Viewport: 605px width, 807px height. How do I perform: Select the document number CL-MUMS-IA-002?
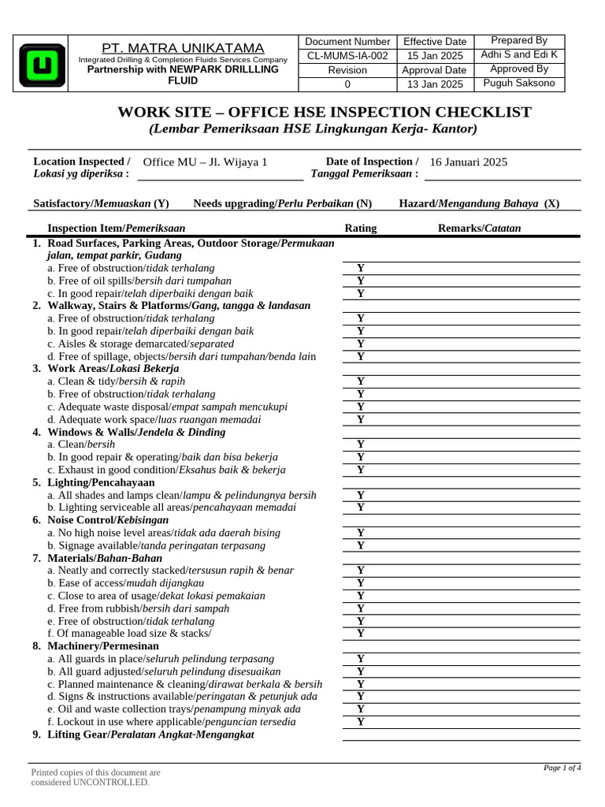(x=347, y=55)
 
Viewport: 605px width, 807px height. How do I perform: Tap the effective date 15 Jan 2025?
(x=435, y=55)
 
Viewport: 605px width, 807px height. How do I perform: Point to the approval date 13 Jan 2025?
(x=435, y=84)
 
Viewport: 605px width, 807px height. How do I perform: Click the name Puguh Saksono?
(x=519, y=83)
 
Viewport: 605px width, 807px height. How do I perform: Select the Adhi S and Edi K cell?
(x=519, y=54)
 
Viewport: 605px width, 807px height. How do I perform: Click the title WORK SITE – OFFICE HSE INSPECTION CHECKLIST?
(x=325, y=113)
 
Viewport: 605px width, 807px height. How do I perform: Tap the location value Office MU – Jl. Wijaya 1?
(x=206, y=162)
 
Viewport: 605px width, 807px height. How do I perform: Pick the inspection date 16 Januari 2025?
(x=469, y=162)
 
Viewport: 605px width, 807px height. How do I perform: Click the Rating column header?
(x=361, y=229)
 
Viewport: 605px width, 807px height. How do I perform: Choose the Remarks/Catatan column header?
(x=479, y=229)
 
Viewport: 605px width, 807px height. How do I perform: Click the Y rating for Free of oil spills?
(x=361, y=281)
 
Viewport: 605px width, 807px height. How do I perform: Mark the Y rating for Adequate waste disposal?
(x=361, y=407)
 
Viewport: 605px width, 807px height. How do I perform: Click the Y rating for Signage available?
(x=361, y=545)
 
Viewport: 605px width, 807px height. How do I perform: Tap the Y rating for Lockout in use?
(x=361, y=722)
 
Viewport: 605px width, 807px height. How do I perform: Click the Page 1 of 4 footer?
(x=562, y=768)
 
